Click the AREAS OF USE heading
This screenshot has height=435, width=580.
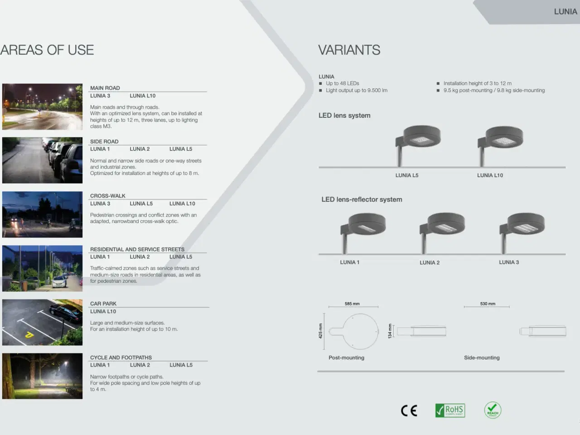point(47,50)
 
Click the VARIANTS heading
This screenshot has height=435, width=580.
point(349,50)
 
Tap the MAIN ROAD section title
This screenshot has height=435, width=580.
point(105,88)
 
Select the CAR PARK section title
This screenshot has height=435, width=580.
point(103,304)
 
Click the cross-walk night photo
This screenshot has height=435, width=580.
point(42,214)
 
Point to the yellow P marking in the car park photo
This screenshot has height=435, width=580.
point(29,335)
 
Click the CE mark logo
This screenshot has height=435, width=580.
point(409,411)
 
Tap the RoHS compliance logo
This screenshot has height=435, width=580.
point(450,410)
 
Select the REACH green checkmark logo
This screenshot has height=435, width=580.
point(493,410)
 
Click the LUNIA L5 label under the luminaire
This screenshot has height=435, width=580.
point(407,175)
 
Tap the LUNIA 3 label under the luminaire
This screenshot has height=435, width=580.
point(509,262)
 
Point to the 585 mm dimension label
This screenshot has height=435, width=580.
point(352,304)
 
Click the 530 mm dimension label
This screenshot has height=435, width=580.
point(488,304)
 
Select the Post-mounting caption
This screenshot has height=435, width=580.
point(346,358)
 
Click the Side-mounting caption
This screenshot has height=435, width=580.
point(482,358)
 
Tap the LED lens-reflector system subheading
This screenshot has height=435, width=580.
point(362,199)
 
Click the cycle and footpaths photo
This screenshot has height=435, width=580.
point(42,376)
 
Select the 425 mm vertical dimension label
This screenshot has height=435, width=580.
point(320,331)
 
